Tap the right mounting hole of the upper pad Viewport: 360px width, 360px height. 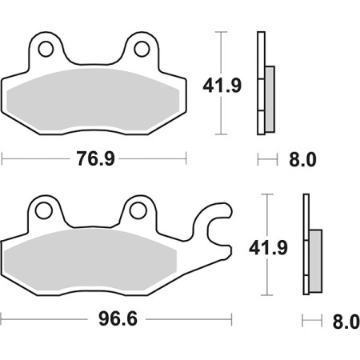pos(142,49)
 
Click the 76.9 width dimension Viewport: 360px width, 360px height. pos(94,158)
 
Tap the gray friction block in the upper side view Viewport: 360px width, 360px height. pos(269,96)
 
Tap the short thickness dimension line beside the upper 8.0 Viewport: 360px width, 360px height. pos(266,159)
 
